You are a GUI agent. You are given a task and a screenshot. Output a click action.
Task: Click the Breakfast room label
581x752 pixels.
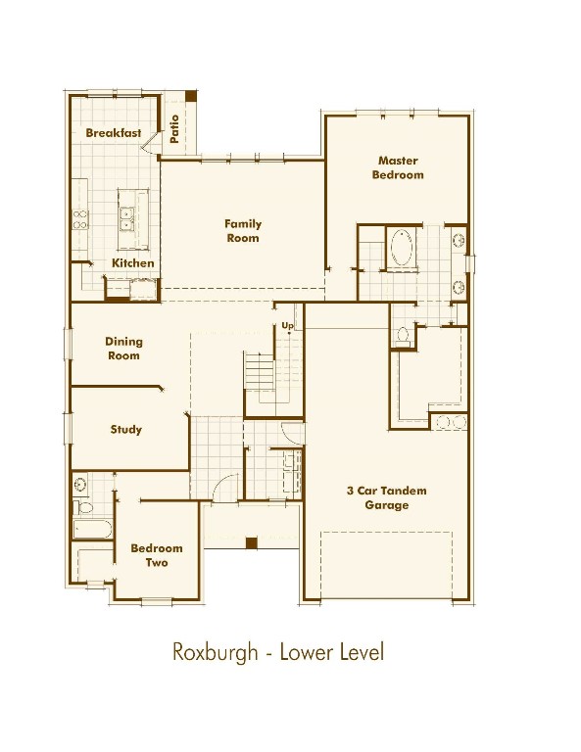tap(114, 133)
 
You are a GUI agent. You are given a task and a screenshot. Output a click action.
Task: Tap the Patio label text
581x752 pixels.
tap(174, 128)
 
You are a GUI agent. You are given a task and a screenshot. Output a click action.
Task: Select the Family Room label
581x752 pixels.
tap(243, 231)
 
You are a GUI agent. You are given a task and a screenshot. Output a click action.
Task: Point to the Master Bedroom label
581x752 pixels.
tap(398, 167)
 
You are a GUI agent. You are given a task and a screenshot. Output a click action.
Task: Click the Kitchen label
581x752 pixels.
tap(133, 262)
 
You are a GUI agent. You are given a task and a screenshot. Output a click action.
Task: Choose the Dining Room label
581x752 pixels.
tap(123, 349)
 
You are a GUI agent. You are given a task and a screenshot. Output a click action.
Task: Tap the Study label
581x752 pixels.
tap(125, 429)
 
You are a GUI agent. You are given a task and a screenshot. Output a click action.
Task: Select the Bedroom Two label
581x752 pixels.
tap(157, 555)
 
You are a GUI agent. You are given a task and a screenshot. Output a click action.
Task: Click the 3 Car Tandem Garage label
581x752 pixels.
tap(387, 497)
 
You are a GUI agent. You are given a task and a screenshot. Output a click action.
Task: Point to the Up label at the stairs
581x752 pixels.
tap(287, 326)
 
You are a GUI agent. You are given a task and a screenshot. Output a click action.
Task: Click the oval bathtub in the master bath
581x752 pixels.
tap(402, 248)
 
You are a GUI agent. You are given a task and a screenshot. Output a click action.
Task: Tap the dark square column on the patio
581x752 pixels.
tap(191, 96)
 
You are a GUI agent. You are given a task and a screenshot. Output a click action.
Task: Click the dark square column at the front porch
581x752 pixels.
tap(252, 542)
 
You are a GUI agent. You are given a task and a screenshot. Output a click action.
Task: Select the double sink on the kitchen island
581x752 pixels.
tap(126, 218)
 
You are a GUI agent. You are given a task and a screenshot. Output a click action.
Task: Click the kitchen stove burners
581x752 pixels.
tap(80, 219)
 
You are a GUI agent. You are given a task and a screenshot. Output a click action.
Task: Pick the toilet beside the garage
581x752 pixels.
tap(403, 336)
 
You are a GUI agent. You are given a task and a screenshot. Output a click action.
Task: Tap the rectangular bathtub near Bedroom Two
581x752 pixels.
tap(92, 529)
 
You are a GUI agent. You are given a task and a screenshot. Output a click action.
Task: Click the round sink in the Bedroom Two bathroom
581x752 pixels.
tap(80, 485)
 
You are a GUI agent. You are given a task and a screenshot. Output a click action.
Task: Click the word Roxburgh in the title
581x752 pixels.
tap(215, 653)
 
